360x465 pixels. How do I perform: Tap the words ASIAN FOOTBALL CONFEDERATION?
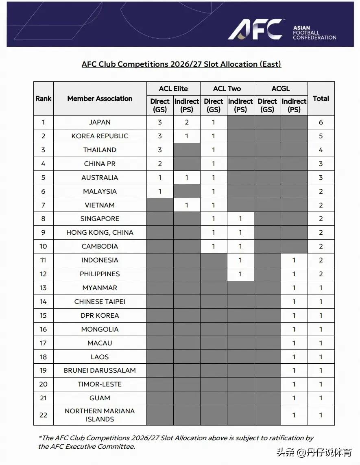tap(314, 33)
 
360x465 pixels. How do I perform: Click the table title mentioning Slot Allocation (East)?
tap(181, 64)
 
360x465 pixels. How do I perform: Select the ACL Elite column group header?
tap(173, 89)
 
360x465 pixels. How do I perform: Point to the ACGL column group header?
tap(281, 89)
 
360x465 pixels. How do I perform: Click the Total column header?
tap(321, 98)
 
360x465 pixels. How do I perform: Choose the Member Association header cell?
tap(100, 98)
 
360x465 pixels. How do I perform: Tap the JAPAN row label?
tap(100, 122)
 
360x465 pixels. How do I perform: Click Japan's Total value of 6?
tap(321, 122)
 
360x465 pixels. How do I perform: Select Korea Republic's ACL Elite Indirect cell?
tap(187, 136)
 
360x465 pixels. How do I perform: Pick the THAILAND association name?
tap(100, 150)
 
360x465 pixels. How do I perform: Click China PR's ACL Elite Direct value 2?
tap(160, 164)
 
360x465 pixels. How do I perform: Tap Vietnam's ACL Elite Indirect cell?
tap(187, 205)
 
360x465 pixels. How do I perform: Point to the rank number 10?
tap(44, 247)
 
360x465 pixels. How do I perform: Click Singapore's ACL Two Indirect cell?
tap(240, 219)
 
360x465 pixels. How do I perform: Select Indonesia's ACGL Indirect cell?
tap(294, 260)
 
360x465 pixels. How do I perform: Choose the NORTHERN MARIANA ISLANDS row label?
tap(100, 415)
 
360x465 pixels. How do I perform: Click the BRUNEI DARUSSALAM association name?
tap(100, 371)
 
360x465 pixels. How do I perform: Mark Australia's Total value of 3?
tap(321, 178)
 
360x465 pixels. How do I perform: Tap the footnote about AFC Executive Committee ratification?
tap(176, 442)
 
